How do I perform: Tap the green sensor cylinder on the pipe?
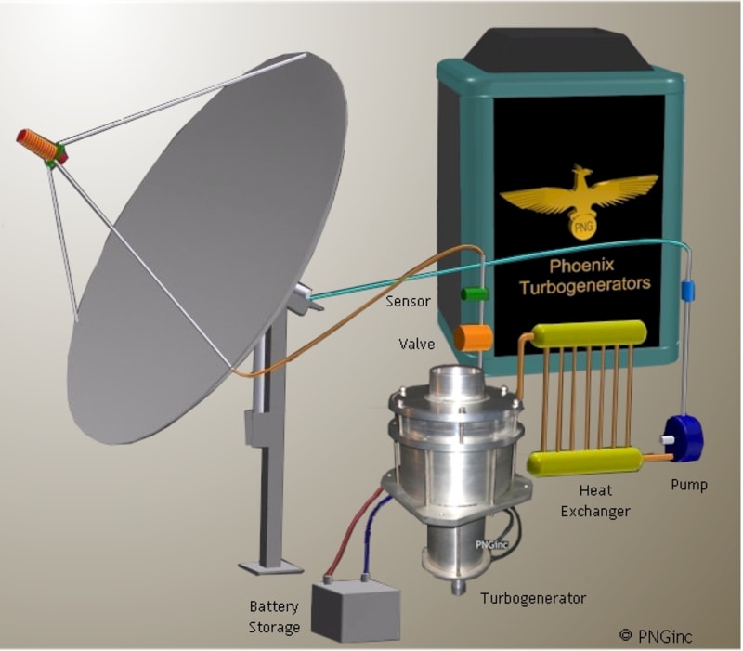[475, 294]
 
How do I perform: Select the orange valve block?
[475, 336]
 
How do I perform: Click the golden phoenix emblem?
[573, 199]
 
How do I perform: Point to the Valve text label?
[414, 343]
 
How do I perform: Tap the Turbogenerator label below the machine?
[533, 598]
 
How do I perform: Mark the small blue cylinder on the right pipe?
[688, 292]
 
